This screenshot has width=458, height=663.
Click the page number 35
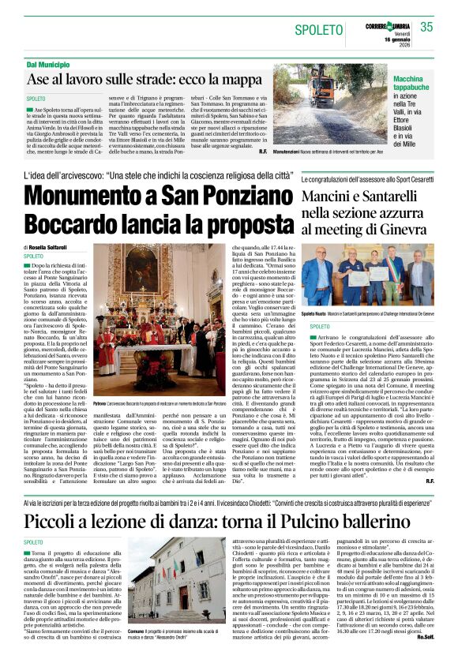click(x=427, y=28)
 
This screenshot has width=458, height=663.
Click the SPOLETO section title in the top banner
click(x=318, y=31)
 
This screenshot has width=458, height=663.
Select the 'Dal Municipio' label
click(x=49, y=63)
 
